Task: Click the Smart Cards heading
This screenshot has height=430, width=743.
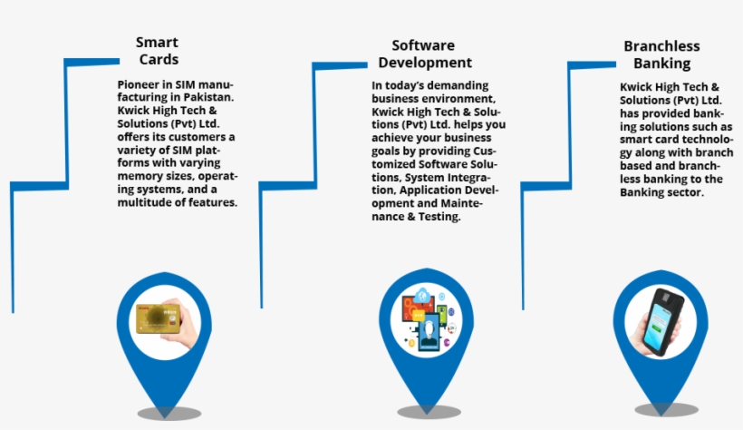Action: [x=158, y=51]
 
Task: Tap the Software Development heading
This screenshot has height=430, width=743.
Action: [x=425, y=54]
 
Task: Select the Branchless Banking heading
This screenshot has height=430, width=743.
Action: [x=661, y=55]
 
